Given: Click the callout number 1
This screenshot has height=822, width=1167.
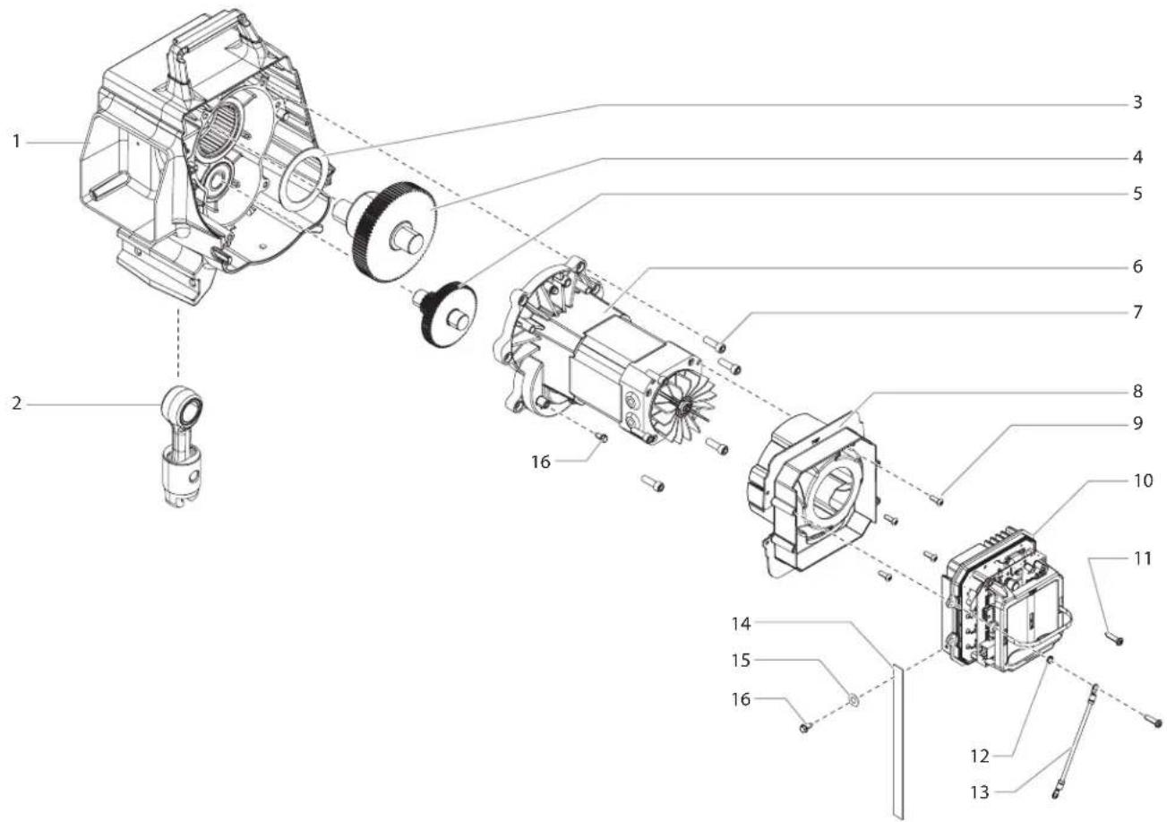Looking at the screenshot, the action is pos(17,142).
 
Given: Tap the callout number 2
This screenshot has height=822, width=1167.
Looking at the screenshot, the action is pos(17,403).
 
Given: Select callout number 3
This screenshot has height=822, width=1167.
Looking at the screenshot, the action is pos(1137,102).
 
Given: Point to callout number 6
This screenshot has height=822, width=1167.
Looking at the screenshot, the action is pos(1137,266).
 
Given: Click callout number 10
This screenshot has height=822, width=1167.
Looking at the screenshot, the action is pos(1143,480).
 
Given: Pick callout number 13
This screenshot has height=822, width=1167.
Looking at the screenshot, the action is pos(980,792).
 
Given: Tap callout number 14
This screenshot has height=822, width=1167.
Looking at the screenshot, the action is pos(741,623).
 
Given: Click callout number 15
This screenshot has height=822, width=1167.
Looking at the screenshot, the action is pos(741,661).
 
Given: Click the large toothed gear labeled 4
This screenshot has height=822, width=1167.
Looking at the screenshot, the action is pos(394,229).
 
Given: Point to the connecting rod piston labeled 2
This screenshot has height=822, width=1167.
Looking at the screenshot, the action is pos(181,446).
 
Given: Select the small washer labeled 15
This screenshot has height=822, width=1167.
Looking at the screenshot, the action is pos(854,699).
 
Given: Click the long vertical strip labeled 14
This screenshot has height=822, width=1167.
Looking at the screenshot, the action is pos(898,743).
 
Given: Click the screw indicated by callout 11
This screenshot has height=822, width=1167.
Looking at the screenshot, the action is pos(1114,638).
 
